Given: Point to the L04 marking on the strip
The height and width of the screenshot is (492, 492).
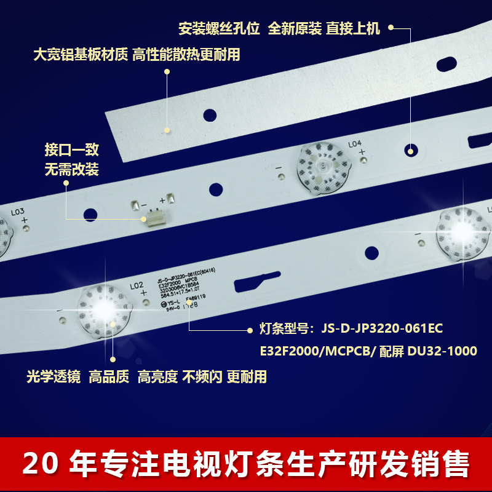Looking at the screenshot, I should pyautogui.click(x=355, y=144).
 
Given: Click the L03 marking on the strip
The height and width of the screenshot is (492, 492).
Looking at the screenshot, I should pyautogui.click(x=17, y=211).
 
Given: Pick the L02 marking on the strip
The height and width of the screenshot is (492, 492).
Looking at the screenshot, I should pyautogui.click(x=137, y=285).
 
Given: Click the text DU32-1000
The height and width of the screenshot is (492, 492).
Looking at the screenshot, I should pyautogui.click(x=442, y=351).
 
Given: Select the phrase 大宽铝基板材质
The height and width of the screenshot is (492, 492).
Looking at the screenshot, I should pyautogui.click(x=80, y=55).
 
